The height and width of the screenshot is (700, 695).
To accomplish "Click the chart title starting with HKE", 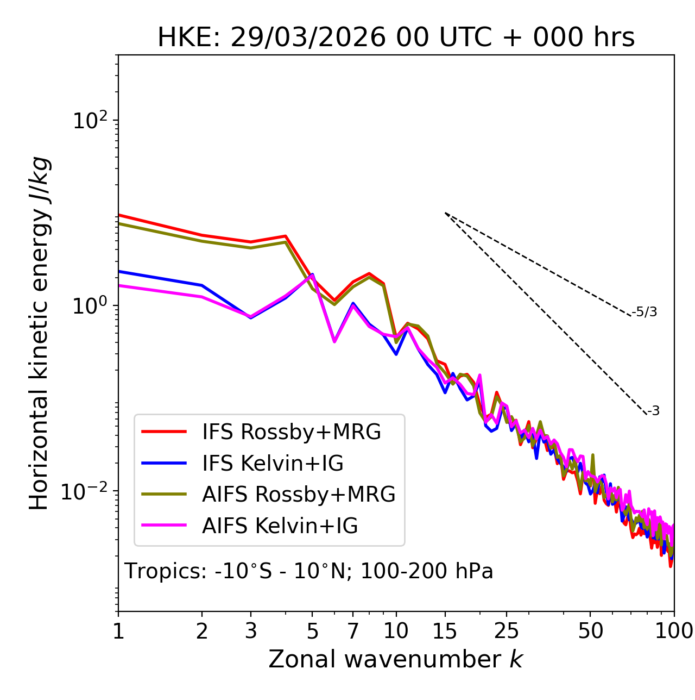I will pyautogui.click(x=396, y=38).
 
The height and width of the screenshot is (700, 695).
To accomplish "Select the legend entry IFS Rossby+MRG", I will pyautogui.click(x=292, y=432).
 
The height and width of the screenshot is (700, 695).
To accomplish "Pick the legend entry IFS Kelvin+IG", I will pyautogui.click(x=273, y=463).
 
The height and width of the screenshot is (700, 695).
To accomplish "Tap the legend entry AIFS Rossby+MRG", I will pyautogui.click(x=299, y=495).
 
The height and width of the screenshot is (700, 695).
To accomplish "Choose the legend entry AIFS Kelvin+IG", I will pyautogui.click(x=280, y=526).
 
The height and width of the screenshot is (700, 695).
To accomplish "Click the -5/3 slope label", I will pyautogui.click(x=645, y=312).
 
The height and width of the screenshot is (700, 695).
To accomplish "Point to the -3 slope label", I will pyautogui.click(x=653, y=411).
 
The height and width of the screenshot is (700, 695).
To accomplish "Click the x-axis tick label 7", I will pyautogui.click(x=353, y=631).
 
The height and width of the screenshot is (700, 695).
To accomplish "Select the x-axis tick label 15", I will pyautogui.click(x=445, y=631).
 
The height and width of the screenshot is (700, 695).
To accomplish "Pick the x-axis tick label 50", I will pyautogui.click(x=590, y=631).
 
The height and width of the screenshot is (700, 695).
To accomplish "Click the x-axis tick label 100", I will pyautogui.click(x=673, y=631).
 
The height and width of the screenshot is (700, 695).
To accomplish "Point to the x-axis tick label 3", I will pyautogui.click(x=251, y=631).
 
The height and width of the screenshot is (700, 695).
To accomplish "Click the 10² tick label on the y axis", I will pyautogui.click(x=90, y=121).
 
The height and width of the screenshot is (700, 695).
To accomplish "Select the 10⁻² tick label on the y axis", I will pyautogui.click(x=87, y=491).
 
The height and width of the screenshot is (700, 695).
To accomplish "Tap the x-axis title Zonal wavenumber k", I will pyautogui.click(x=396, y=659).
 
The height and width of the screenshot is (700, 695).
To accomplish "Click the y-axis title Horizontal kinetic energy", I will pyautogui.click(x=39, y=334).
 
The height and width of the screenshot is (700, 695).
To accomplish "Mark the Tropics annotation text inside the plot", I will pyautogui.click(x=309, y=571).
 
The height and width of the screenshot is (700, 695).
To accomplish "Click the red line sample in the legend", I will pyautogui.click(x=164, y=432).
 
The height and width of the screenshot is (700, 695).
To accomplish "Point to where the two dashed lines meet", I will pyautogui.click(x=445, y=213).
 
